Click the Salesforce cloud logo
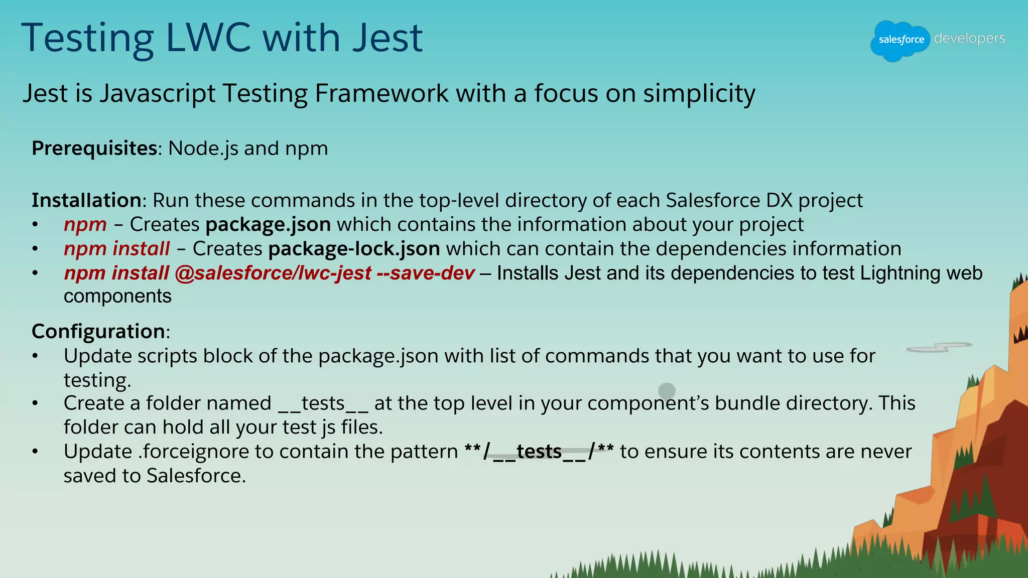pos(901,40)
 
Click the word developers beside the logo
pos(969,38)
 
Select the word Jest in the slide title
pos(388,38)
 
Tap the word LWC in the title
pos(208,38)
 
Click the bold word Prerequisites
pos(94,149)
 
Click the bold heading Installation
pos(86,200)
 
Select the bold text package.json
pos(268,225)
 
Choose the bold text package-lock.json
pos(354,249)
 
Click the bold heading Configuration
pos(98,332)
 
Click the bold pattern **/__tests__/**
pos(539,452)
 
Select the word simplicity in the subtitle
pos(699,94)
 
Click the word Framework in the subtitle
pos(381,94)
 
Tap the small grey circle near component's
pos(667,390)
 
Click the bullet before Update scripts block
pos(35,356)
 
